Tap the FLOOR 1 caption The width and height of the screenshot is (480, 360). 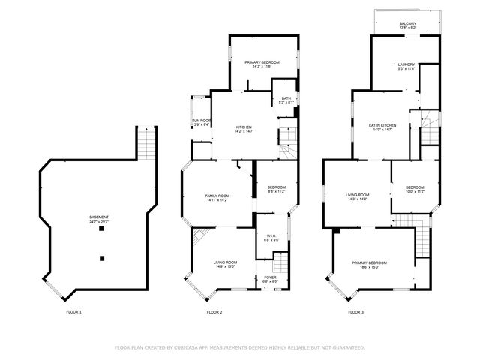point(73,311)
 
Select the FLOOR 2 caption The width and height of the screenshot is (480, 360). point(214,311)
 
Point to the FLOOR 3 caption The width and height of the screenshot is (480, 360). point(355,311)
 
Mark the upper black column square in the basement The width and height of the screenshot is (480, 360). point(101,229)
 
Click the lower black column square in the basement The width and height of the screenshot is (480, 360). point(101,258)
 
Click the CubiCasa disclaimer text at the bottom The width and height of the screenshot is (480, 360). point(239,347)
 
